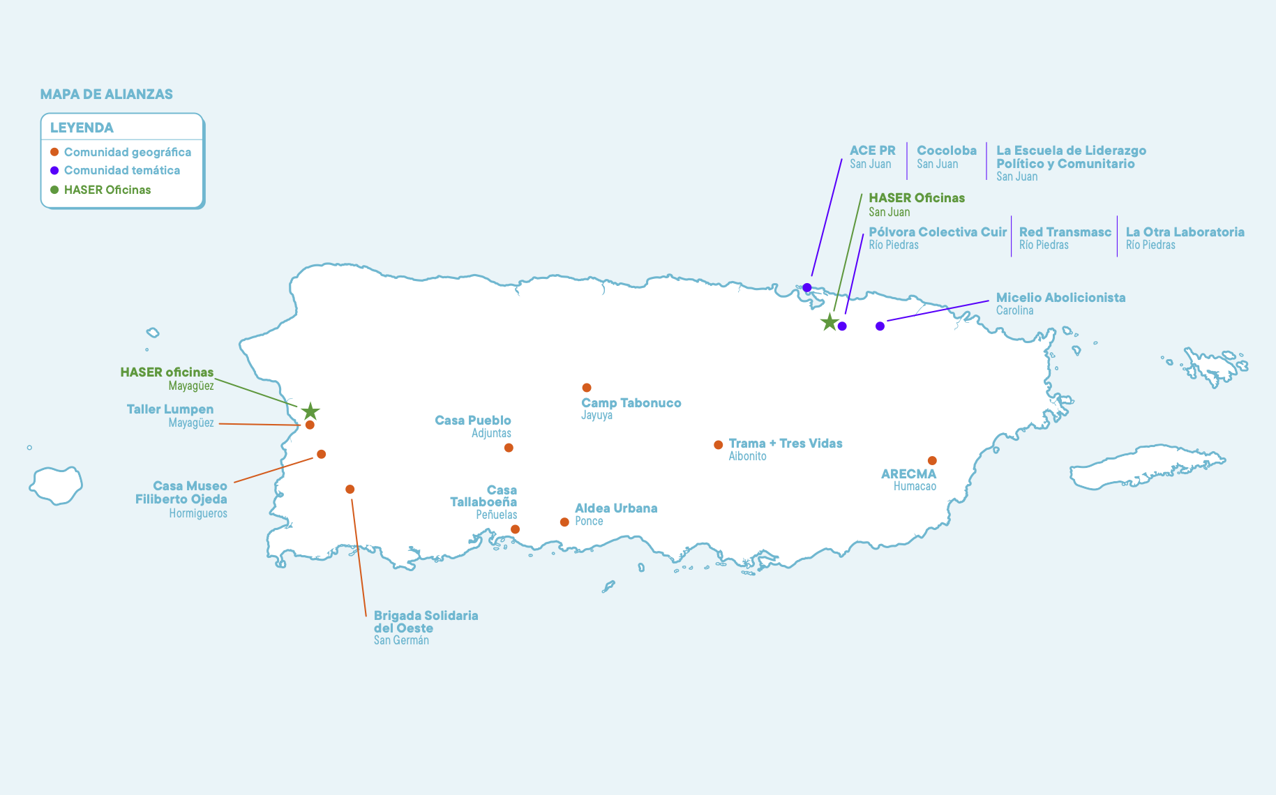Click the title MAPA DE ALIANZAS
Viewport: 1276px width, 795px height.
(x=106, y=94)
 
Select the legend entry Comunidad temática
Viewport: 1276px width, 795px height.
(x=121, y=170)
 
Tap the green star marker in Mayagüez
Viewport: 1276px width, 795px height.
(x=310, y=411)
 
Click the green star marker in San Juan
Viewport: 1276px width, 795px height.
(x=829, y=322)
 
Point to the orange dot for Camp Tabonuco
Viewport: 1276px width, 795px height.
(x=587, y=388)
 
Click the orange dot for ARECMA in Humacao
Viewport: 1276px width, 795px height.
(x=932, y=460)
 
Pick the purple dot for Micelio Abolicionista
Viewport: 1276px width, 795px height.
(x=880, y=326)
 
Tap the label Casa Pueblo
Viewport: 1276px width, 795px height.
(x=473, y=421)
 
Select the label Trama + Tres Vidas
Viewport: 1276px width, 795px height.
(x=786, y=444)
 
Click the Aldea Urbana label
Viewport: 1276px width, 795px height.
(x=616, y=508)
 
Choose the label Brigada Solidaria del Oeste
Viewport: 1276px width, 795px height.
(x=426, y=622)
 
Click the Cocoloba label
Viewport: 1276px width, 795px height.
(x=947, y=151)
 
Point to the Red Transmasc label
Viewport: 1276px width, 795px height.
(x=1065, y=232)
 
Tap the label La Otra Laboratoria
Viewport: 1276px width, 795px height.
(x=1185, y=232)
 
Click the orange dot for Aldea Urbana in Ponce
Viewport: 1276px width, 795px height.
(x=564, y=522)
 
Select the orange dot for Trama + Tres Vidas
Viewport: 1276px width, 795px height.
(x=718, y=445)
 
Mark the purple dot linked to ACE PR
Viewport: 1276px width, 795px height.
(x=807, y=287)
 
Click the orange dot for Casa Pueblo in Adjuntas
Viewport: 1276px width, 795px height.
(x=509, y=448)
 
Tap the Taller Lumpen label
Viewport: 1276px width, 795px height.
(x=170, y=409)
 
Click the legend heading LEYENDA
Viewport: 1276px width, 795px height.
(x=82, y=128)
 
